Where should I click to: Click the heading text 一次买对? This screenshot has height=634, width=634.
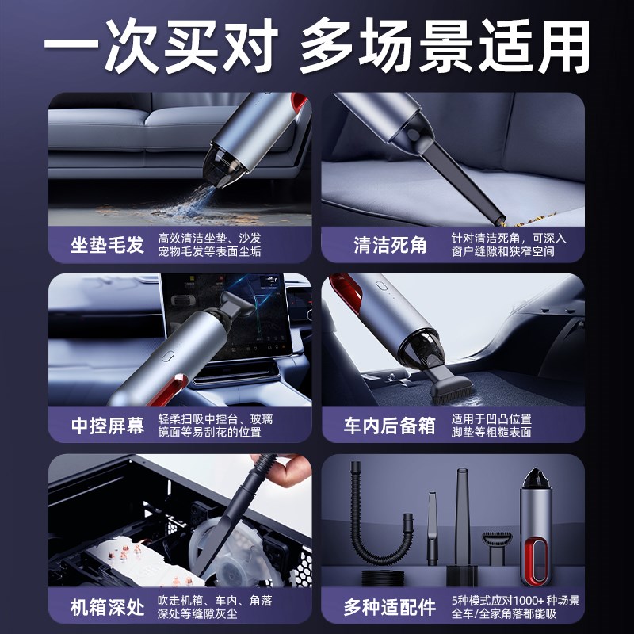158,45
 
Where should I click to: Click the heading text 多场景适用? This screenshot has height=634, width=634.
445,45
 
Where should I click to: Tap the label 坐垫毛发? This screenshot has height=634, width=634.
108,245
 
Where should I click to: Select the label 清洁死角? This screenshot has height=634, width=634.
390,245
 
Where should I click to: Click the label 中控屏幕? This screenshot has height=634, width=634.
108,426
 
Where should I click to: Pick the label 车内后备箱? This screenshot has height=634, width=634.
390,426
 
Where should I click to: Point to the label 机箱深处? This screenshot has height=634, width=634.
108,608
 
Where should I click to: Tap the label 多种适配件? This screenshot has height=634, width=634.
390,608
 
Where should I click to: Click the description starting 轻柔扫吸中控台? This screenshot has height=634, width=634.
220,426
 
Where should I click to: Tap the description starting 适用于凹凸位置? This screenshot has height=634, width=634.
503,426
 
